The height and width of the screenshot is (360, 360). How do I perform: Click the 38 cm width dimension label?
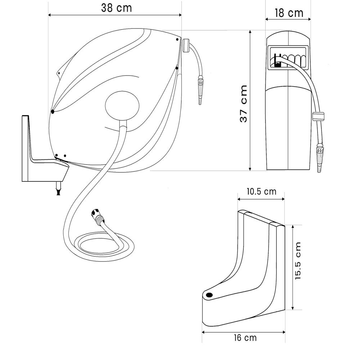click(x=116, y=8)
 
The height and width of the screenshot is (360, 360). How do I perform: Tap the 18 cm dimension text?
click(x=289, y=13)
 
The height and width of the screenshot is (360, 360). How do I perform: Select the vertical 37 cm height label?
click(x=244, y=104)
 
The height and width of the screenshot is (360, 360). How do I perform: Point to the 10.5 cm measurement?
click(x=261, y=191)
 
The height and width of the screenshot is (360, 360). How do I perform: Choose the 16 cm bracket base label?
click(x=245, y=338)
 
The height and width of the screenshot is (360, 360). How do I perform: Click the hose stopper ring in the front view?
click(x=318, y=116)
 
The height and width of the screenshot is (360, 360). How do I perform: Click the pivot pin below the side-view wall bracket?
click(x=58, y=189)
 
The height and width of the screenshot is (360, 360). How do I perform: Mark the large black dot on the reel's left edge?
click(x=53, y=112)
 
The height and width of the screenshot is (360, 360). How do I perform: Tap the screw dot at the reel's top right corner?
click(x=177, y=40)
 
